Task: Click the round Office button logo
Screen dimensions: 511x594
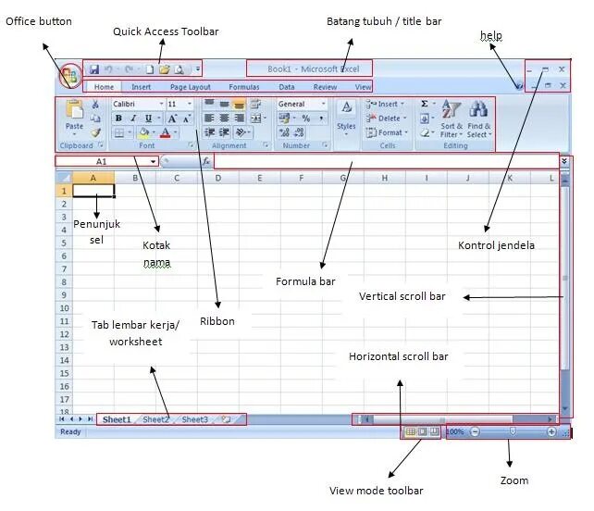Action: click(x=69, y=76)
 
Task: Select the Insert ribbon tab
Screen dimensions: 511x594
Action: click(x=142, y=87)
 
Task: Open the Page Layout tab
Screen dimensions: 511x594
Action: click(x=190, y=87)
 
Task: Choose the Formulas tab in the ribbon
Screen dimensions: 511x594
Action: click(x=244, y=87)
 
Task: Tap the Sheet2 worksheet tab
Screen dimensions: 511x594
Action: click(x=155, y=419)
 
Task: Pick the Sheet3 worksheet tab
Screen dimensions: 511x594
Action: click(x=194, y=419)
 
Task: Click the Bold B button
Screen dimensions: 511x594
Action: click(x=118, y=118)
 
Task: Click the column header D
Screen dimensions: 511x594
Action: click(x=217, y=177)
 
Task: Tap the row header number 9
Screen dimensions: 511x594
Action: click(x=64, y=294)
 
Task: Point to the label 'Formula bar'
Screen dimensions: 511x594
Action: click(x=305, y=280)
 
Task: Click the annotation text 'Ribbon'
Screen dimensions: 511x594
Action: click(x=218, y=321)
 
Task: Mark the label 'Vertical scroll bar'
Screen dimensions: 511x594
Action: click(x=402, y=297)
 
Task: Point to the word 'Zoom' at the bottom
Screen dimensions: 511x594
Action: click(x=514, y=480)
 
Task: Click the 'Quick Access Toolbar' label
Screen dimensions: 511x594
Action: click(x=166, y=31)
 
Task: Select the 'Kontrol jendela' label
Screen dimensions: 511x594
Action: click(x=496, y=245)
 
